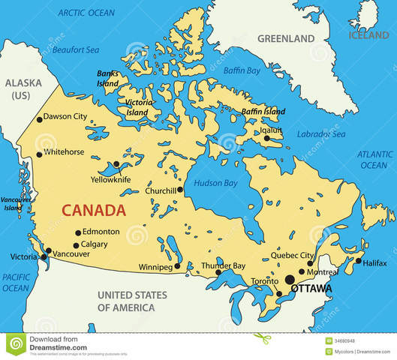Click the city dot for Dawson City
(39, 118)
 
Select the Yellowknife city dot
(116, 163)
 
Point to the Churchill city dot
(180, 190)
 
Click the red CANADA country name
(94, 210)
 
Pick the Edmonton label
(101, 232)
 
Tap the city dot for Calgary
(76, 245)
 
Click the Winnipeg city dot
(177, 266)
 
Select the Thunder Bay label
(223, 266)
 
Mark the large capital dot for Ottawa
(290, 279)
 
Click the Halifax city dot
(359, 262)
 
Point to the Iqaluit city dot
(266, 138)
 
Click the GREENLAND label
(285, 38)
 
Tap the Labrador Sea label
(321, 134)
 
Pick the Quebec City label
(292, 255)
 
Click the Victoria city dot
(43, 257)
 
